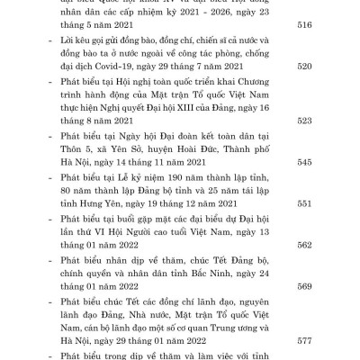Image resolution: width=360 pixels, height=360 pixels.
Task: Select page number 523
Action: coord(328,145)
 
